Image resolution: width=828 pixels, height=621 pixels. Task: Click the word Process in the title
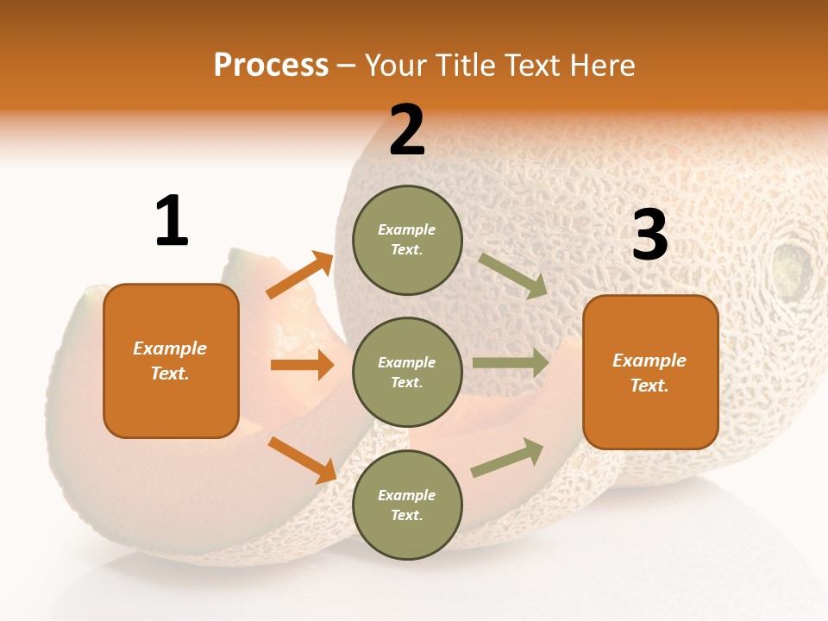[x=271, y=66]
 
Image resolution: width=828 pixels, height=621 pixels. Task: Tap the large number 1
[x=172, y=221]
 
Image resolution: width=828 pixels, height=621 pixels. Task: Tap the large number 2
[x=407, y=130]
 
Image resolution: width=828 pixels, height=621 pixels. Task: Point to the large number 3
[x=649, y=235]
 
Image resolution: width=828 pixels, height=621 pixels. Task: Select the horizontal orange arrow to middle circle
[x=302, y=365]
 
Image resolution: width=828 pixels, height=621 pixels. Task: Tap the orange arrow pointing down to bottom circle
[x=302, y=460]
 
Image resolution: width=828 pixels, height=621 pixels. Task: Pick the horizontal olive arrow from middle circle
[x=511, y=362]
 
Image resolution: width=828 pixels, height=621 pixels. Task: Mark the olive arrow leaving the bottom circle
[x=507, y=458]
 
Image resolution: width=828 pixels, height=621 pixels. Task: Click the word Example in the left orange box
[x=170, y=348]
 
